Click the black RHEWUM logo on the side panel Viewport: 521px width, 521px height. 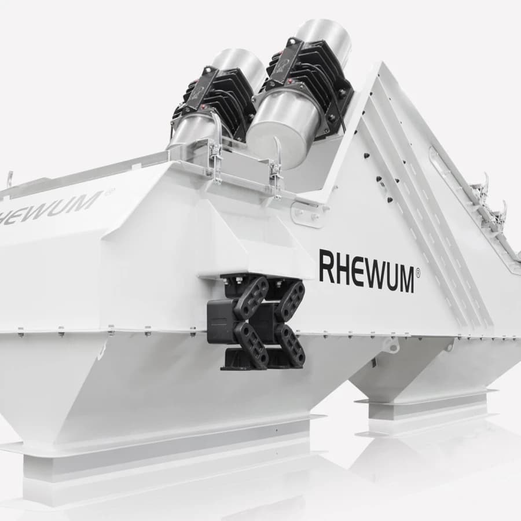367,271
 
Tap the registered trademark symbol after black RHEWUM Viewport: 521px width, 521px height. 418,273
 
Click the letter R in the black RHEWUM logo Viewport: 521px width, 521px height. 326,266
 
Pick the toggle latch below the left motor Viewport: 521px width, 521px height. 214,156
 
